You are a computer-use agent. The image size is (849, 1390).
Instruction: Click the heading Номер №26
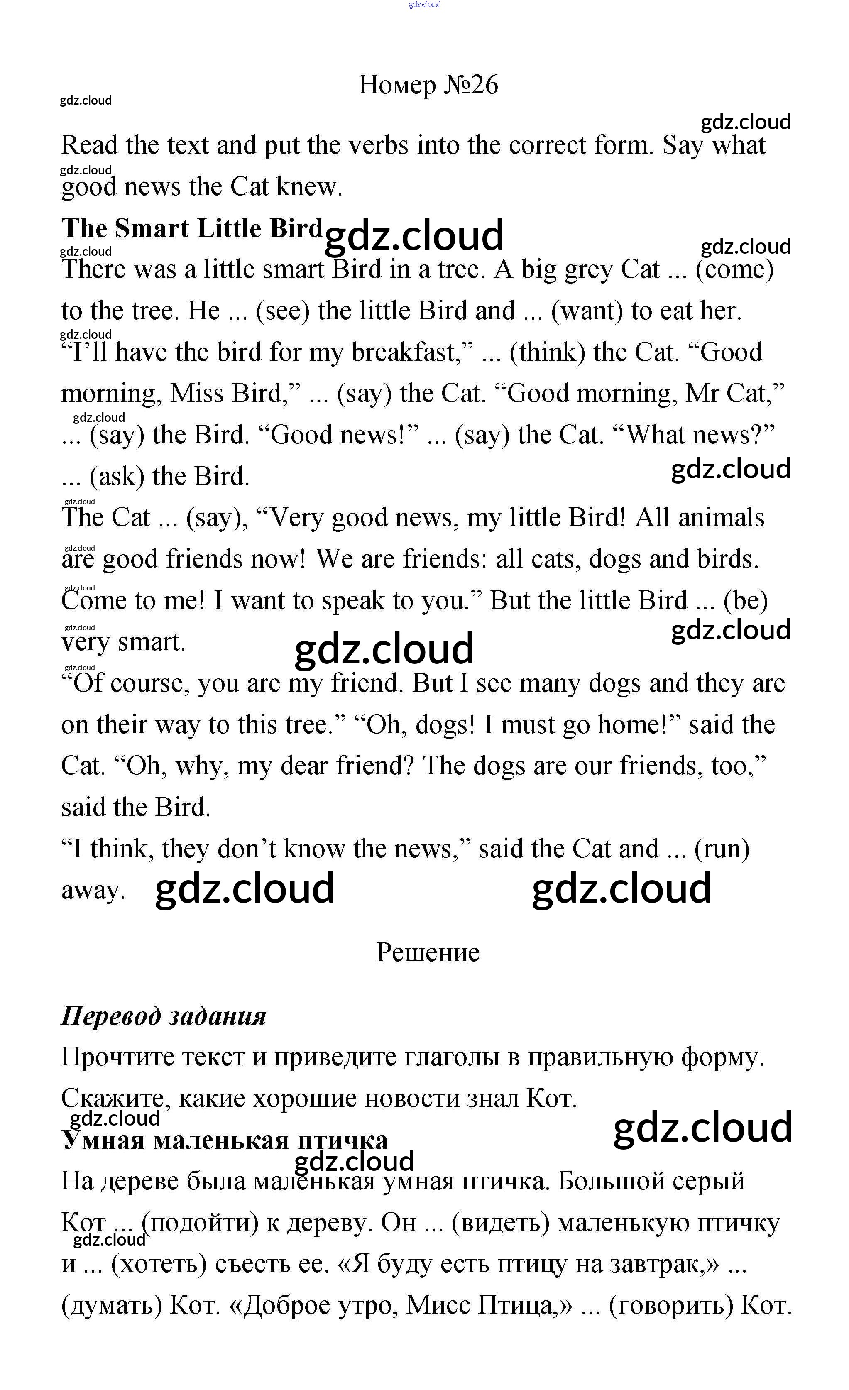[x=428, y=85]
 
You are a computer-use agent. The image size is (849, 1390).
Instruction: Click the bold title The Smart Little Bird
[x=191, y=228]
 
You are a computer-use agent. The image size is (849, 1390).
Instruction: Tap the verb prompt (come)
[x=734, y=269]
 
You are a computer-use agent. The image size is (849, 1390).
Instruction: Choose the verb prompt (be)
[x=745, y=601]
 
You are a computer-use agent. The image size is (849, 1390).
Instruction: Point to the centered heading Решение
[x=428, y=952]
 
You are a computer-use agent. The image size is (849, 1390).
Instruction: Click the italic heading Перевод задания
[x=164, y=1016]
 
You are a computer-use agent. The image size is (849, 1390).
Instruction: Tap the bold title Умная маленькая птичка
[x=225, y=1140]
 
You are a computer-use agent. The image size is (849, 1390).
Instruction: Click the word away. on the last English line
[x=93, y=891]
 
